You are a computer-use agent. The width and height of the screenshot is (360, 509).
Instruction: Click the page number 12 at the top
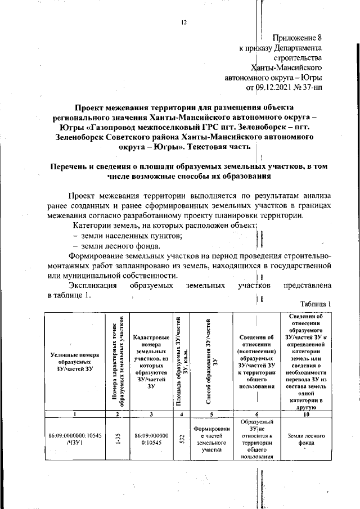183,22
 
